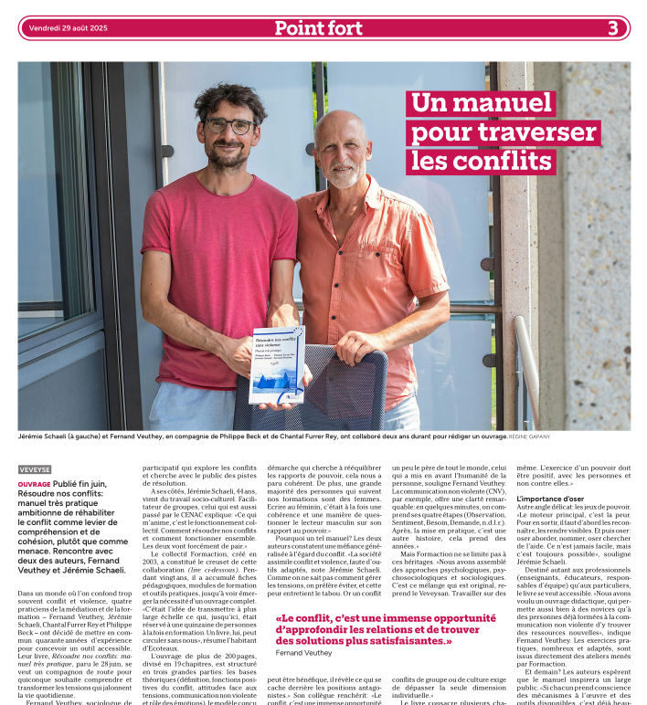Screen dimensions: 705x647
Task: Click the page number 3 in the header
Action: pyautogui.click(x=613, y=28)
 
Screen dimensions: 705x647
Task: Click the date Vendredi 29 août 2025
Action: pyautogui.click(x=68, y=28)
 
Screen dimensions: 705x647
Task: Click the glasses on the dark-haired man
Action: pyautogui.click(x=229, y=125)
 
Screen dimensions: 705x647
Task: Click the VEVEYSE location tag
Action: pyautogui.click(x=35, y=469)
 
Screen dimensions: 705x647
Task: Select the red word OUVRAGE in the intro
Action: pyautogui.click(x=34, y=484)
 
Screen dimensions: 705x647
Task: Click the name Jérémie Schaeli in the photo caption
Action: pyautogui.click(x=42, y=437)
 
